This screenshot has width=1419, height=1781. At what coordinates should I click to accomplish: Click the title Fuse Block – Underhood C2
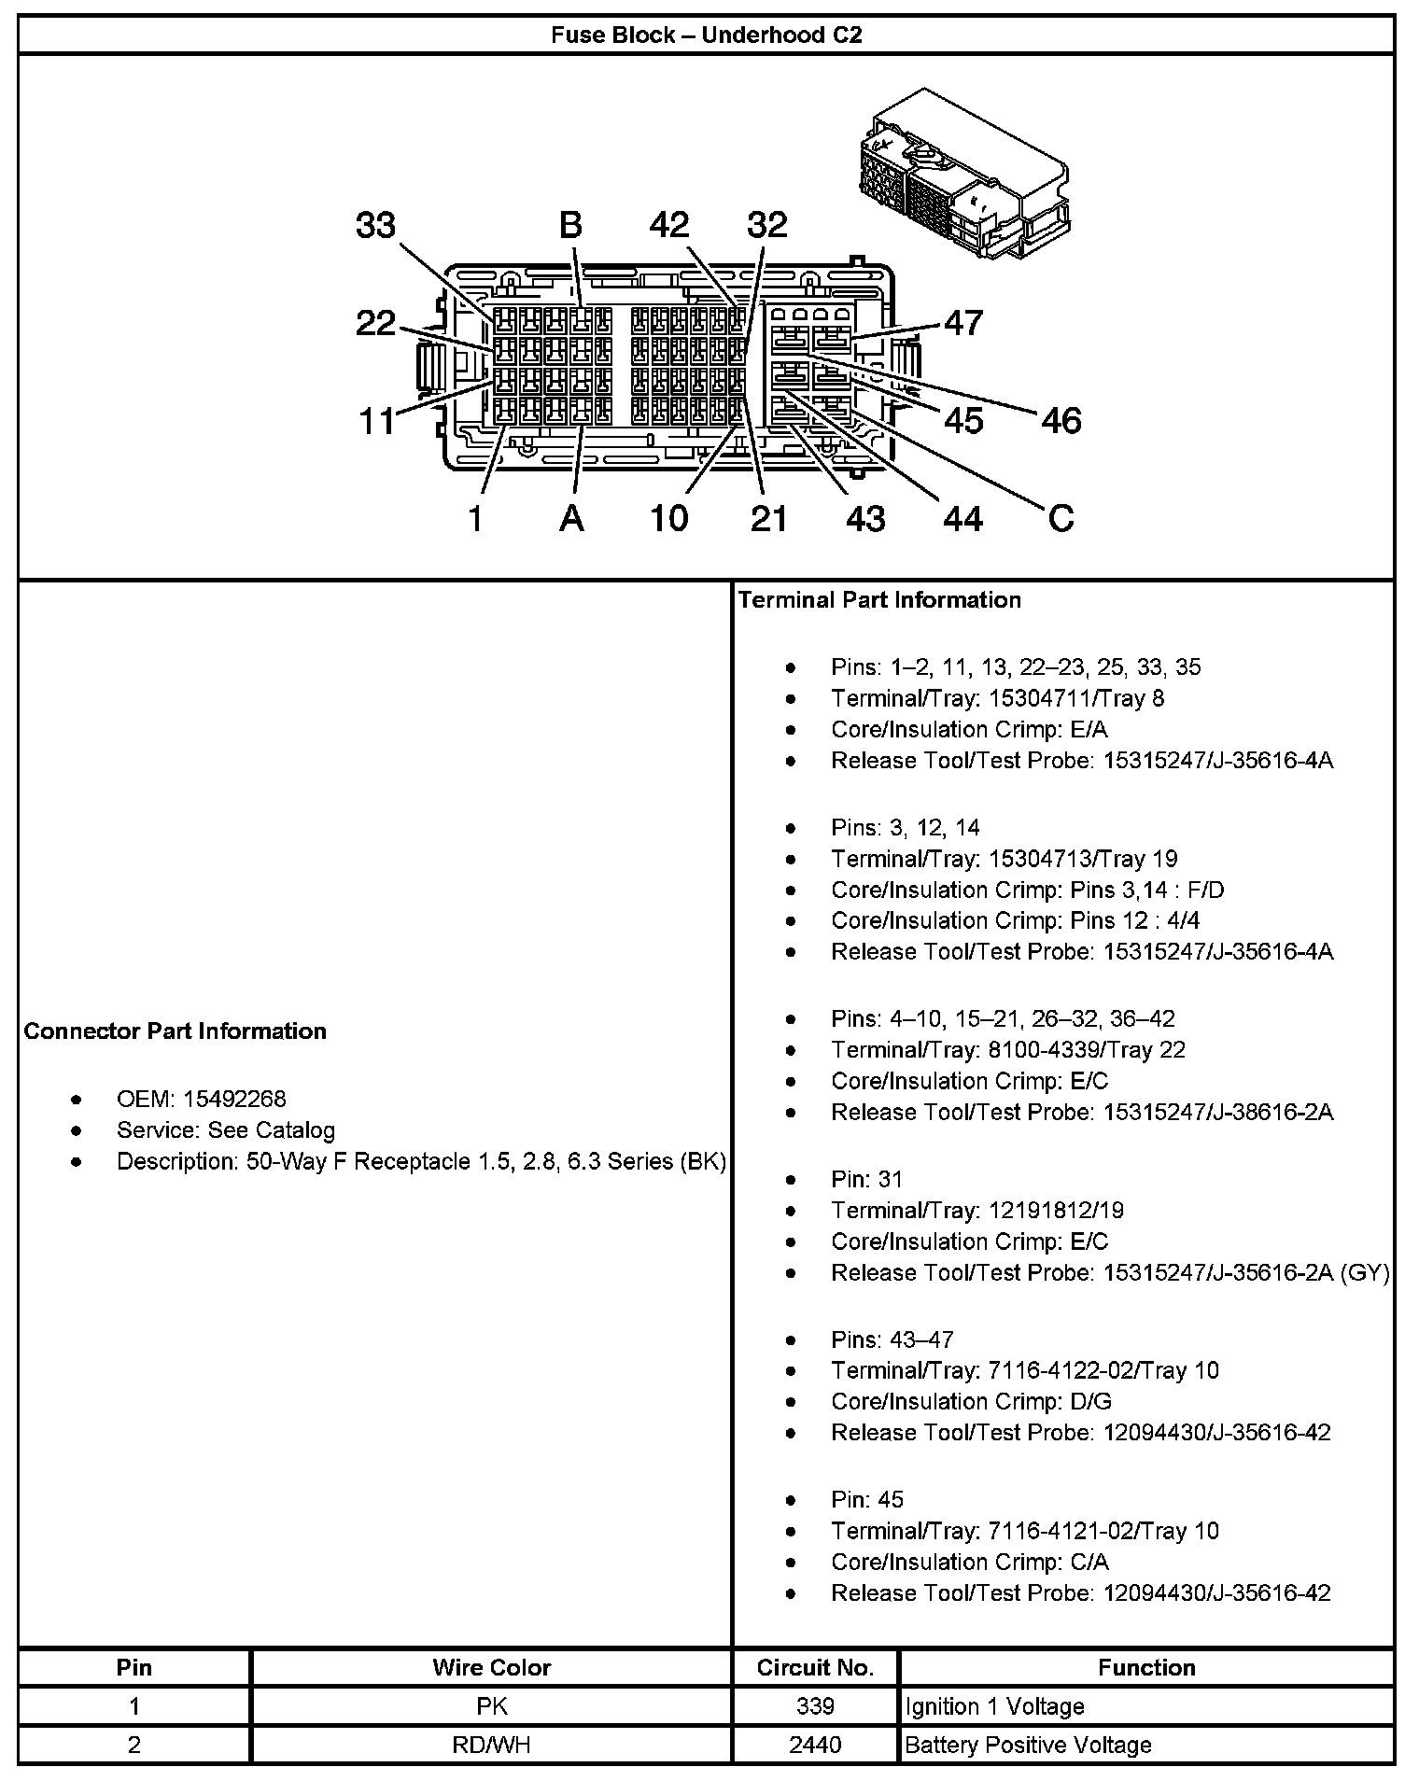click(x=706, y=35)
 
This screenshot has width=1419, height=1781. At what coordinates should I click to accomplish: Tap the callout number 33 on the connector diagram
click(x=376, y=226)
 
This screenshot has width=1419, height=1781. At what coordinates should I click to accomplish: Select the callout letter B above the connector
click(x=570, y=226)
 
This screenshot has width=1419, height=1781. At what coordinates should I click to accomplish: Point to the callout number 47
click(x=963, y=323)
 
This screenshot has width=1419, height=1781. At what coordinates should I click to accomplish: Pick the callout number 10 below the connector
click(x=668, y=518)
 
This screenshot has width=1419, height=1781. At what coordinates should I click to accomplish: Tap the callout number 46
click(x=1061, y=421)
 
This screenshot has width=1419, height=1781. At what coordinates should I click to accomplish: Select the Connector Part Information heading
click(x=176, y=1031)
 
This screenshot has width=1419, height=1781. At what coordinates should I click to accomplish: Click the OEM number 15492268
click(x=234, y=1099)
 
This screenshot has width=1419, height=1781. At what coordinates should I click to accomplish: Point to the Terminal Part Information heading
click(x=879, y=600)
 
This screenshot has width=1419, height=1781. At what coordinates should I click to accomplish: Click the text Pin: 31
click(x=867, y=1179)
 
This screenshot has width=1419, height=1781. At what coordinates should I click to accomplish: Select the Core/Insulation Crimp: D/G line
click(x=971, y=1401)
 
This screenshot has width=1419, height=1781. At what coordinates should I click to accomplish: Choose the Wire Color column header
click(x=491, y=1667)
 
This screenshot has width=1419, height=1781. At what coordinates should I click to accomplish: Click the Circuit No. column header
click(x=815, y=1667)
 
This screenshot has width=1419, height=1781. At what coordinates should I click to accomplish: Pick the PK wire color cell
click(x=491, y=1706)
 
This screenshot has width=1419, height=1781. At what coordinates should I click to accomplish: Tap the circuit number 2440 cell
click(x=815, y=1745)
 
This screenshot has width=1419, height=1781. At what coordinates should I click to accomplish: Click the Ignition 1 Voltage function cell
click(x=994, y=1706)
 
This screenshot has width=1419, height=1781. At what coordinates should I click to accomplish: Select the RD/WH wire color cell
click(x=491, y=1745)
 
